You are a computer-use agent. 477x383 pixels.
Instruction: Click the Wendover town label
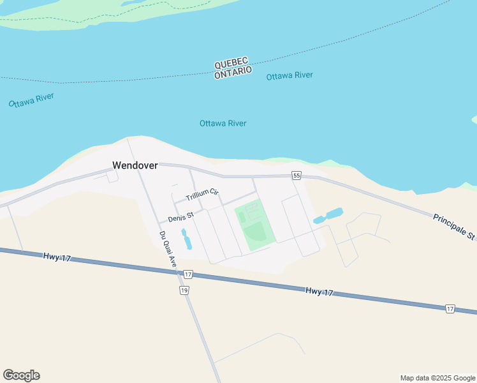135,165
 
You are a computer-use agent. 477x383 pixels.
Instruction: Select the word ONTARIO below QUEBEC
233,73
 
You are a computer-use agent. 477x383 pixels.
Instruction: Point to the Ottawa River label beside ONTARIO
290,75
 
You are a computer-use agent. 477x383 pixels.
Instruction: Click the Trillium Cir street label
202,194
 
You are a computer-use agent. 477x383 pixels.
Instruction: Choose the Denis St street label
180,218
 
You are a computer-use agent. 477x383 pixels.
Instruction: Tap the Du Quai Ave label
167,248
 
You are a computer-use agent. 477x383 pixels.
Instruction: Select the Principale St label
454,227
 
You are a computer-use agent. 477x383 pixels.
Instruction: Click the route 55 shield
296,176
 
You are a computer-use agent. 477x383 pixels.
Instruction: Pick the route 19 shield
184,290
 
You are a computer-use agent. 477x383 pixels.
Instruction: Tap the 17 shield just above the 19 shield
187,274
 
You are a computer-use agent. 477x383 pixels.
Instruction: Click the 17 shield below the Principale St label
450,309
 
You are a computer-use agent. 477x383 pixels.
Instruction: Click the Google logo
21,375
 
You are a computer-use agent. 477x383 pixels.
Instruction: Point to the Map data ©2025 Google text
438,378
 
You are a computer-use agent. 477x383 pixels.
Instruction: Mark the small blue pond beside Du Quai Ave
186,239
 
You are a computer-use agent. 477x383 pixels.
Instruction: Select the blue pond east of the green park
329,216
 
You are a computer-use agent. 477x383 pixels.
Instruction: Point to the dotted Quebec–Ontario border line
128,80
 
